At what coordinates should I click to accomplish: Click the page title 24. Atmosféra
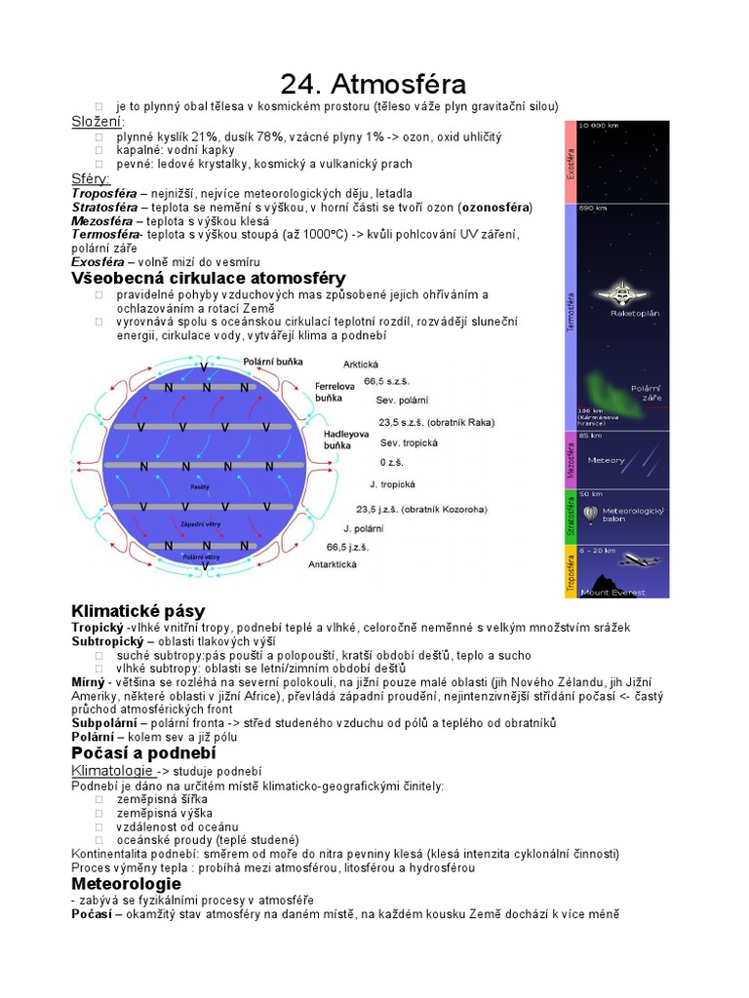[x=374, y=84]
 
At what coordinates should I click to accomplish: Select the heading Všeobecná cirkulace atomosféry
[x=209, y=278]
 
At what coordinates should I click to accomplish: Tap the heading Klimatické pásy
[x=138, y=611]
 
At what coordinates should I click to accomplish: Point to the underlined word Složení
[x=97, y=121]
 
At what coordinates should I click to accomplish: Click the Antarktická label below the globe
[x=333, y=564]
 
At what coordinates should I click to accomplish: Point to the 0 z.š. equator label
[x=391, y=462]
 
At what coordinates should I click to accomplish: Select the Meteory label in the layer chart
[x=607, y=460]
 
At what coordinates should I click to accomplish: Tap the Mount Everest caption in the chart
[x=609, y=592]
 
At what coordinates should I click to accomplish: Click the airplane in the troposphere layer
[x=639, y=560]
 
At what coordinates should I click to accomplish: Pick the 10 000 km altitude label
[x=598, y=126]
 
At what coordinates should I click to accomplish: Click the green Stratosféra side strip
[x=571, y=518]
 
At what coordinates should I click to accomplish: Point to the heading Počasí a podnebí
[x=143, y=753]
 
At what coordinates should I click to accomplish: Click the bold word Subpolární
[x=106, y=722]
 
